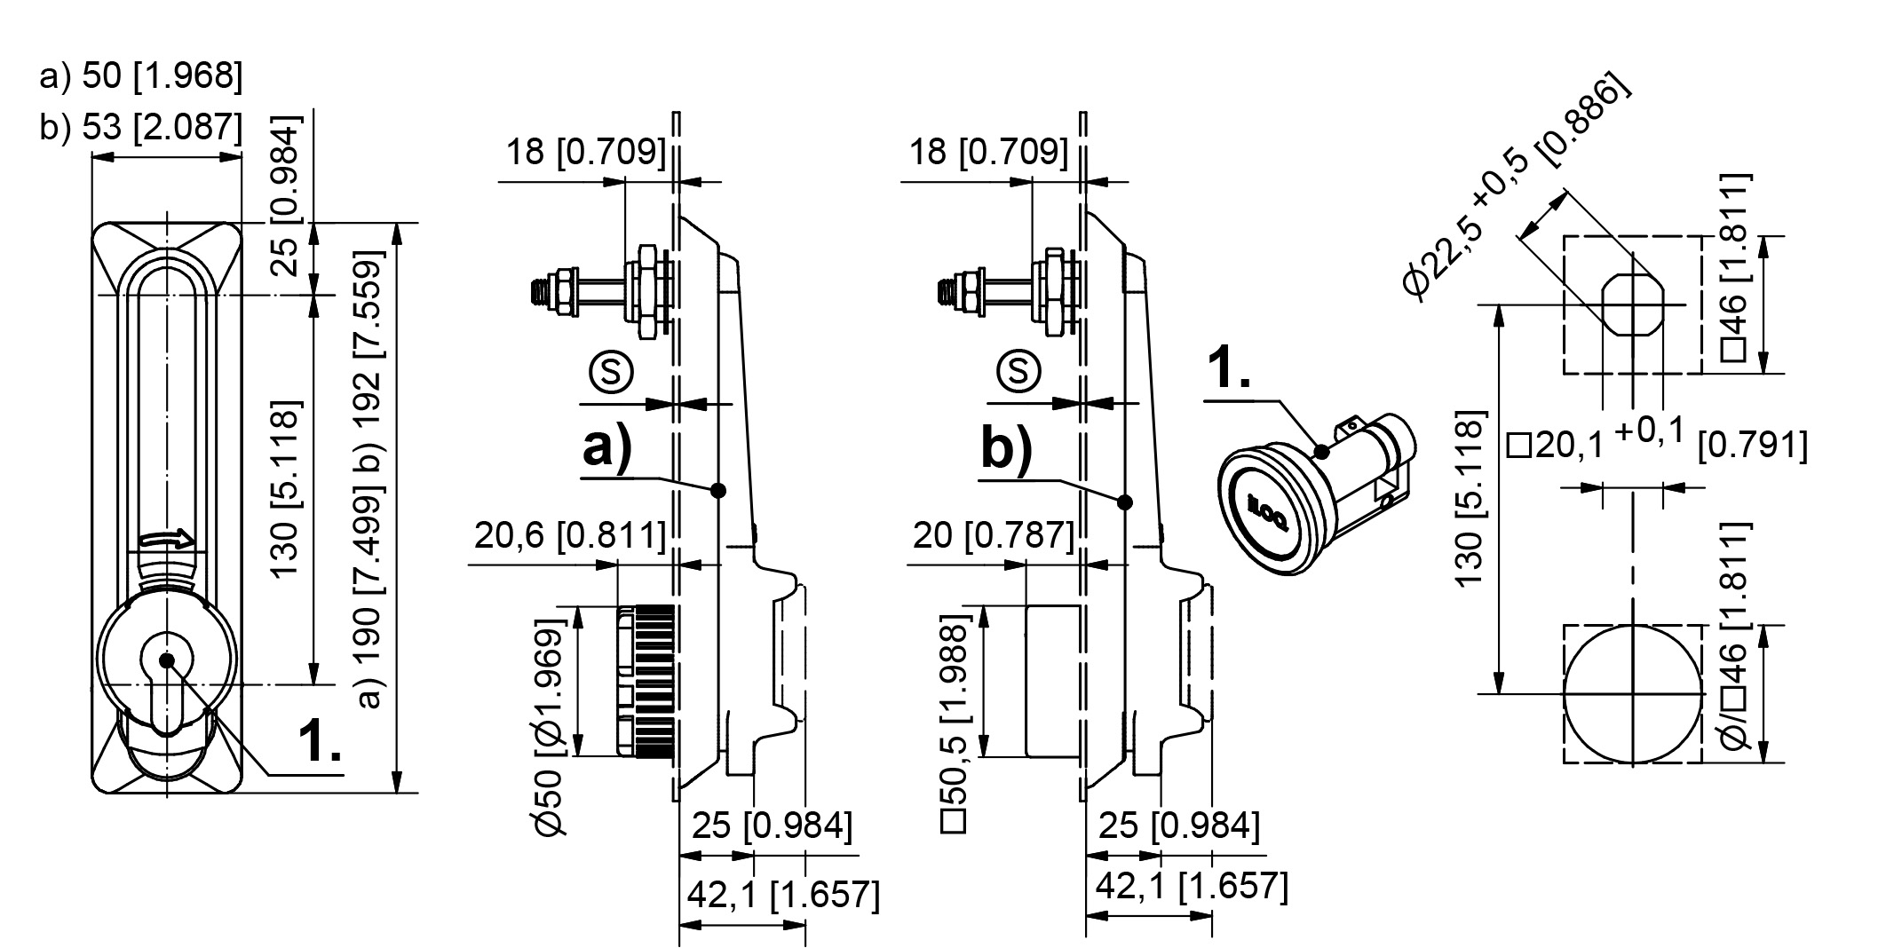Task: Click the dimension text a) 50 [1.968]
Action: click(140, 76)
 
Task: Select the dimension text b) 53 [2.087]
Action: click(140, 127)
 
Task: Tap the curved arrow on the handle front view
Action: click(166, 539)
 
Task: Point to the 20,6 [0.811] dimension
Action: click(569, 536)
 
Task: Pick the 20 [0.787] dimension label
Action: click(993, 535)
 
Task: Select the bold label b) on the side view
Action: click(1007, 448)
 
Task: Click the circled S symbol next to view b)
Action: click(1018, 371)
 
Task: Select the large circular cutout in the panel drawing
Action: click(1632, 693)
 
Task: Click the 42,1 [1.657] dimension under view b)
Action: click(1192, 886)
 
